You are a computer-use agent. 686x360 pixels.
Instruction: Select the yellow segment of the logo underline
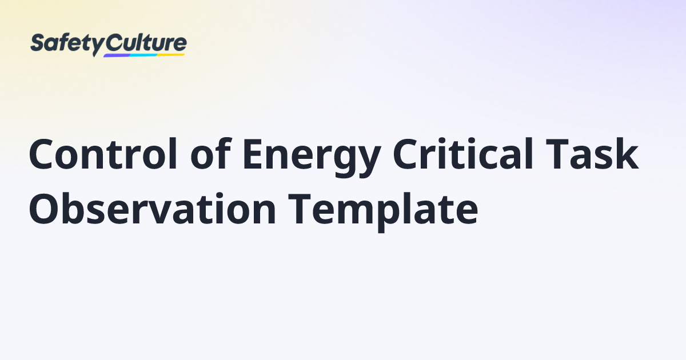pos(171,55)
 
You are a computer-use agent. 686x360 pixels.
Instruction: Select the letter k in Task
pos(625,154)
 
